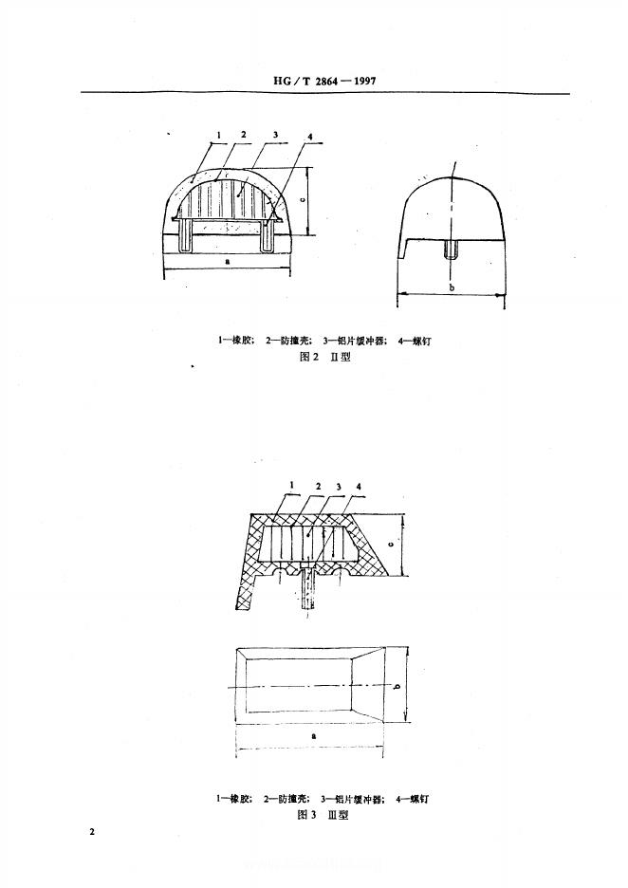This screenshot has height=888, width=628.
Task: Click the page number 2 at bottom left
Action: click(x=92, y=832)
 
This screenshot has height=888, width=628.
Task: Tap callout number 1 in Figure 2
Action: click(x=217, y=137)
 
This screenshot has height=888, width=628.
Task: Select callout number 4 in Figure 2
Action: click(x=311, y=139)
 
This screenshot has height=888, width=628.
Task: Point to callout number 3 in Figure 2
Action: click(x=274, y=137)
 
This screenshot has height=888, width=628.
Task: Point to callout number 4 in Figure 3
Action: click(x=359, y=486)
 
